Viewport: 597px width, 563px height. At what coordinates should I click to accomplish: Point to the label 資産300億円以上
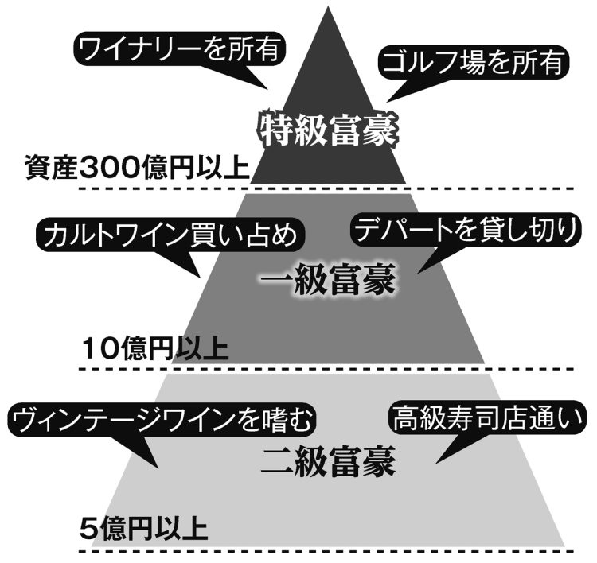137,169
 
